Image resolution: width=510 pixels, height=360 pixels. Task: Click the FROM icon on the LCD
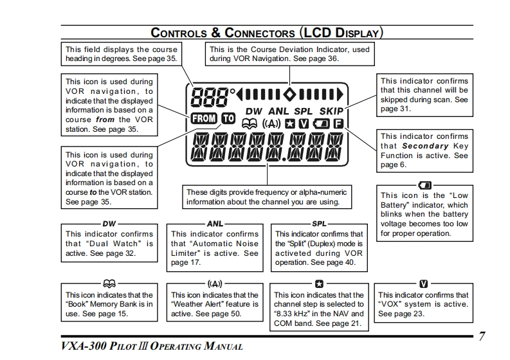pos(205,118)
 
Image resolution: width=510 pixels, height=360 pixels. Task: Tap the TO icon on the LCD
pos(228,118)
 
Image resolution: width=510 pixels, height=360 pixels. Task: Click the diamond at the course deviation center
pos(289,94)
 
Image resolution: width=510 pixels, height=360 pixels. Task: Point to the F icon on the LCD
pos(338,123)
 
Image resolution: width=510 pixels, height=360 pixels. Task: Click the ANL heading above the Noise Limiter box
pos(215,224)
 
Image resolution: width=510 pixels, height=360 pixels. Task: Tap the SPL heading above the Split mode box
pos(320,224)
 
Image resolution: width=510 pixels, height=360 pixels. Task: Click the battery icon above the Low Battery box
pos(424,185)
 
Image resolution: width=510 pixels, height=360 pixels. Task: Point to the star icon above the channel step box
pos(320,283)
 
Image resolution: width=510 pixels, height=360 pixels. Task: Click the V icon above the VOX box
pos(423,283)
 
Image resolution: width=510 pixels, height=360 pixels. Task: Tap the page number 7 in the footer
pos(482,336)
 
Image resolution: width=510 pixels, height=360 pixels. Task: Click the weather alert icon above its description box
pos(215,283)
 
